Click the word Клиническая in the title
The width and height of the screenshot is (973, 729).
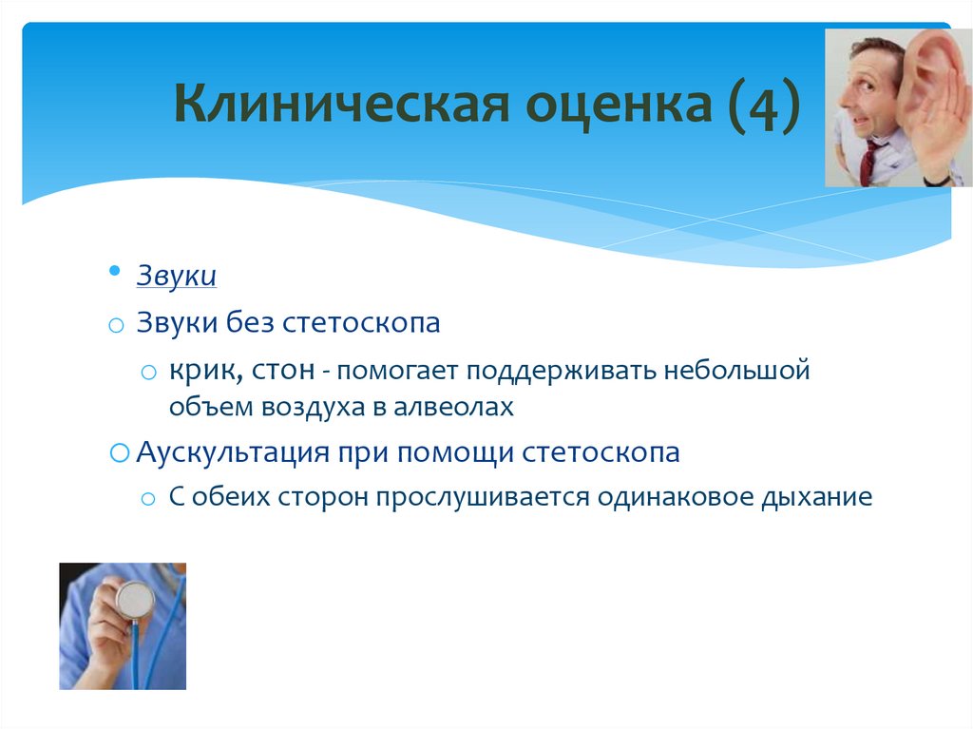pyautogui.click(x=341, y=103)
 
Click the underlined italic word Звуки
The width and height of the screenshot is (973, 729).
pyautogui.click(x=176, y=275)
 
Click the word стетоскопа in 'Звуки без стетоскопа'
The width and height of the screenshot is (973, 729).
pyautogui.click(x=361, y=323)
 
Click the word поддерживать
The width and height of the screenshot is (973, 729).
pyautogui.click(x=561, y=372)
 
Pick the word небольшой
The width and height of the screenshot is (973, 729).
pyautogui.click(x=737, y=370)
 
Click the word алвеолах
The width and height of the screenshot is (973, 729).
pyautogui.click(x=453, y=408)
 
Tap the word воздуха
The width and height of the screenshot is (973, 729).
pyautogui.click(x=313, y=408)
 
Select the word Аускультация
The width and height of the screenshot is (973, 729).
pyautogui.click(x=233, y=452)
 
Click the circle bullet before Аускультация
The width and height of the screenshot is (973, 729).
pyautogui.click(x=119, y=452)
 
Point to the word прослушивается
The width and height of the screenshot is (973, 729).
pyautogui.click(x=482, y=497)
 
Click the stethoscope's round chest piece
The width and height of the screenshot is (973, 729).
pyautogui.click(x=135, y=599)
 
